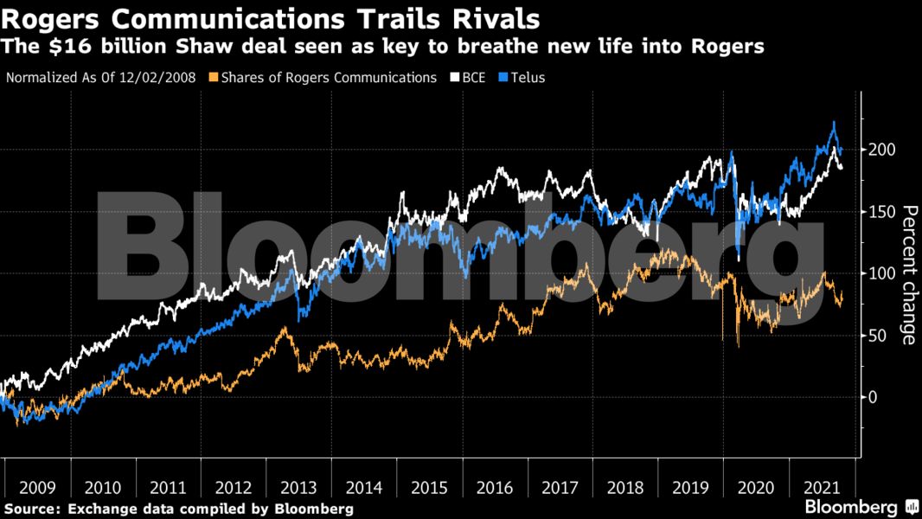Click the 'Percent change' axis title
(909, 274)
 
